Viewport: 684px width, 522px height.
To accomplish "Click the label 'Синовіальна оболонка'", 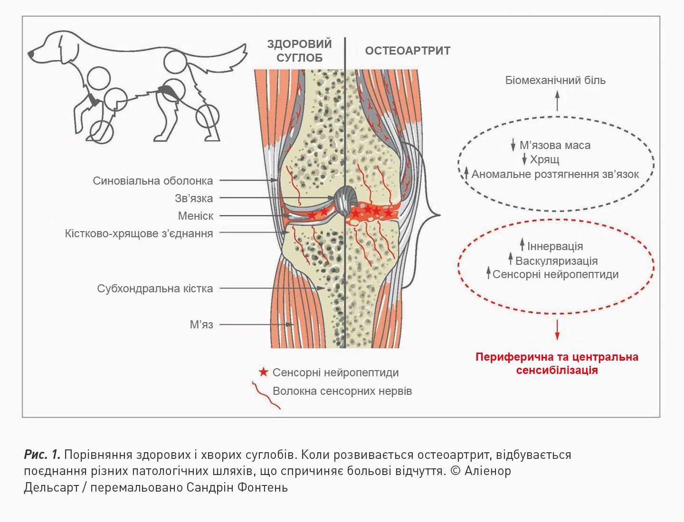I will pos(152,181).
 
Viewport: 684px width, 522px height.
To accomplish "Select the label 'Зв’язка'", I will pos(194,198).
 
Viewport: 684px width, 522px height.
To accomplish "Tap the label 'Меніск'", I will pos(195,216).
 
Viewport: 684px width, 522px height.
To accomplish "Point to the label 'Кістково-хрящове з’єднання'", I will pos(139,233).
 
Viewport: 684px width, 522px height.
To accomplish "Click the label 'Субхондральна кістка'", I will pos(155,289).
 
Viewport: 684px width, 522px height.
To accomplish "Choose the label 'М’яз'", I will pos(201,325).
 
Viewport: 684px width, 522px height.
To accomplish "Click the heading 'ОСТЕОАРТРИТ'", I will pos(408,51).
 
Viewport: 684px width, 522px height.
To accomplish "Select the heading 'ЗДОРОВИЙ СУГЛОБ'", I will pos(299,51).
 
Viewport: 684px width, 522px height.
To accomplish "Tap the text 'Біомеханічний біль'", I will pos(555,80).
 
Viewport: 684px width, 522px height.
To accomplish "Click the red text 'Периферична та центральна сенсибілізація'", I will pos(557,364).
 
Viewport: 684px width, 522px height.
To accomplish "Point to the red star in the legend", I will pos(263,372).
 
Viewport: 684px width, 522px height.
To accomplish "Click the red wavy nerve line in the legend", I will pos(266,395).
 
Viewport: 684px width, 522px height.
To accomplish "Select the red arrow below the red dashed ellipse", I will pos(557,329).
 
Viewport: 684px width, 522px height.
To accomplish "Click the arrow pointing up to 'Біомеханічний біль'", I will pos(557,100).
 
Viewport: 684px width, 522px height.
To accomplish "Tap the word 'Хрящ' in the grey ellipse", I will pos(544,159).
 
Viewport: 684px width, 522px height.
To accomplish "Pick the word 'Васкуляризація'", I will pos(556,261).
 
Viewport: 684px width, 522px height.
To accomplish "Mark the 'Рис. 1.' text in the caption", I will pos(42,455).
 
